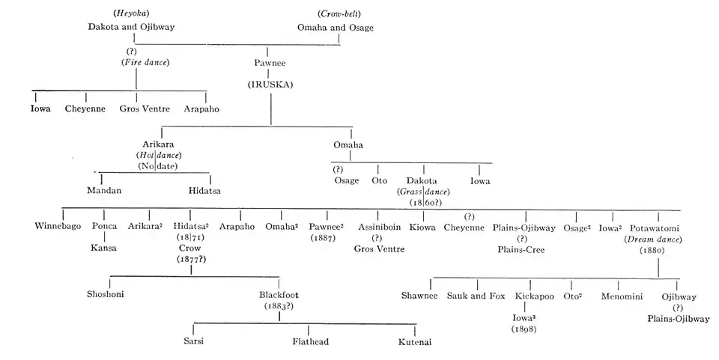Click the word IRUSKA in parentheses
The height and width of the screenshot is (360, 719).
[x=270, y=85]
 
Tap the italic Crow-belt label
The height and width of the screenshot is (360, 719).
[x=335, y=14]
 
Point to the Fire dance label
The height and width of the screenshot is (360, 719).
[x=145, y=62]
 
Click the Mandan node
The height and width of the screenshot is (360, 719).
[x=104, y=191]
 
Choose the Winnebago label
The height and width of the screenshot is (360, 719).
[x=58, y=227]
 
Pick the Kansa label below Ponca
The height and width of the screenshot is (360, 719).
[x=104, y=248]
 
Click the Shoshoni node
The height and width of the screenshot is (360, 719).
[x=106, y=294]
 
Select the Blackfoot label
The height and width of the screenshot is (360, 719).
[x=279, y=296]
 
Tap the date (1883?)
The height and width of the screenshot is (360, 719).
[x=279, y=306]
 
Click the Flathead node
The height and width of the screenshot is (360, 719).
[x=310, y=342]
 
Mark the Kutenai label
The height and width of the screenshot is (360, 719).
[x=415, y=342]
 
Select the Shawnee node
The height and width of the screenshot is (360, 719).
[x=419, y=296]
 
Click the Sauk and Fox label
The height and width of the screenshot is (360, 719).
[x=476, y=296]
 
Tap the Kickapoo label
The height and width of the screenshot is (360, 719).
[x=534, y=296]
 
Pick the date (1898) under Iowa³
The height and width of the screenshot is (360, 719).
[x=524, y=329]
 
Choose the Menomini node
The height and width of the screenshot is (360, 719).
[x=621, y=296]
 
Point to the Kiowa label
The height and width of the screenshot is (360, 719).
[x=422, y=227]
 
